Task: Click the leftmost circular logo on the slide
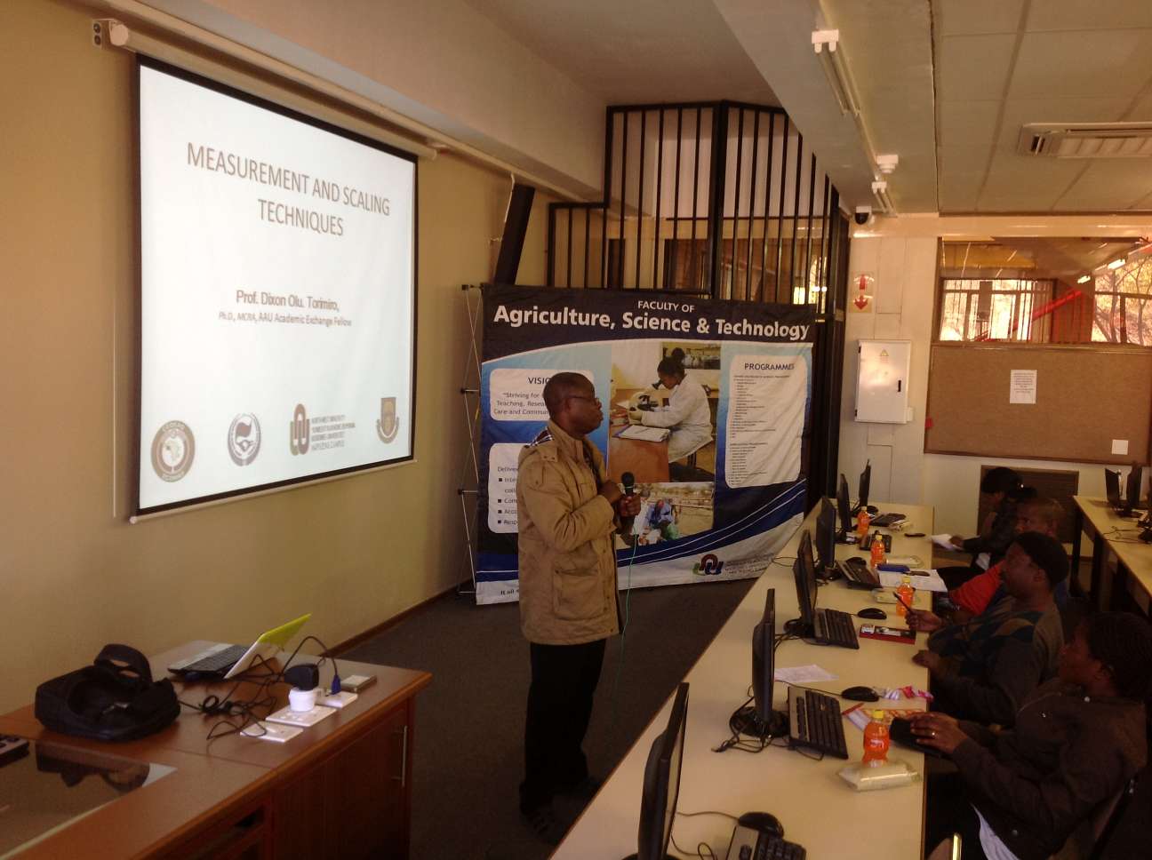(172, 445)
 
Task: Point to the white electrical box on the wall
(883, 381)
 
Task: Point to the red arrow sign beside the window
(860, 293)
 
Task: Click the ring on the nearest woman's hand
(933, 734)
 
